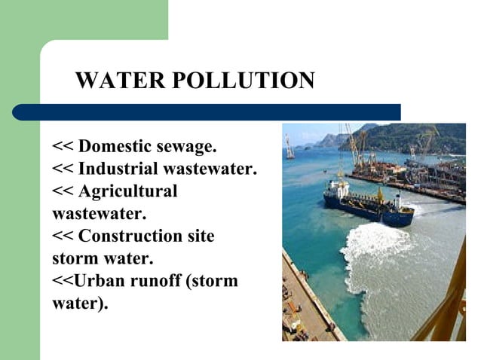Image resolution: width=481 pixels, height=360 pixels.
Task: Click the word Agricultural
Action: (x=127, y=191)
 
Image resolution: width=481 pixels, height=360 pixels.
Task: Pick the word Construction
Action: (x=131, y=236)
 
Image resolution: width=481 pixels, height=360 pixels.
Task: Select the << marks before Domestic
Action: (x=63, y=145)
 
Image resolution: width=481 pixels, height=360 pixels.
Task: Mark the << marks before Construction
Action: (x=63, y=236)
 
